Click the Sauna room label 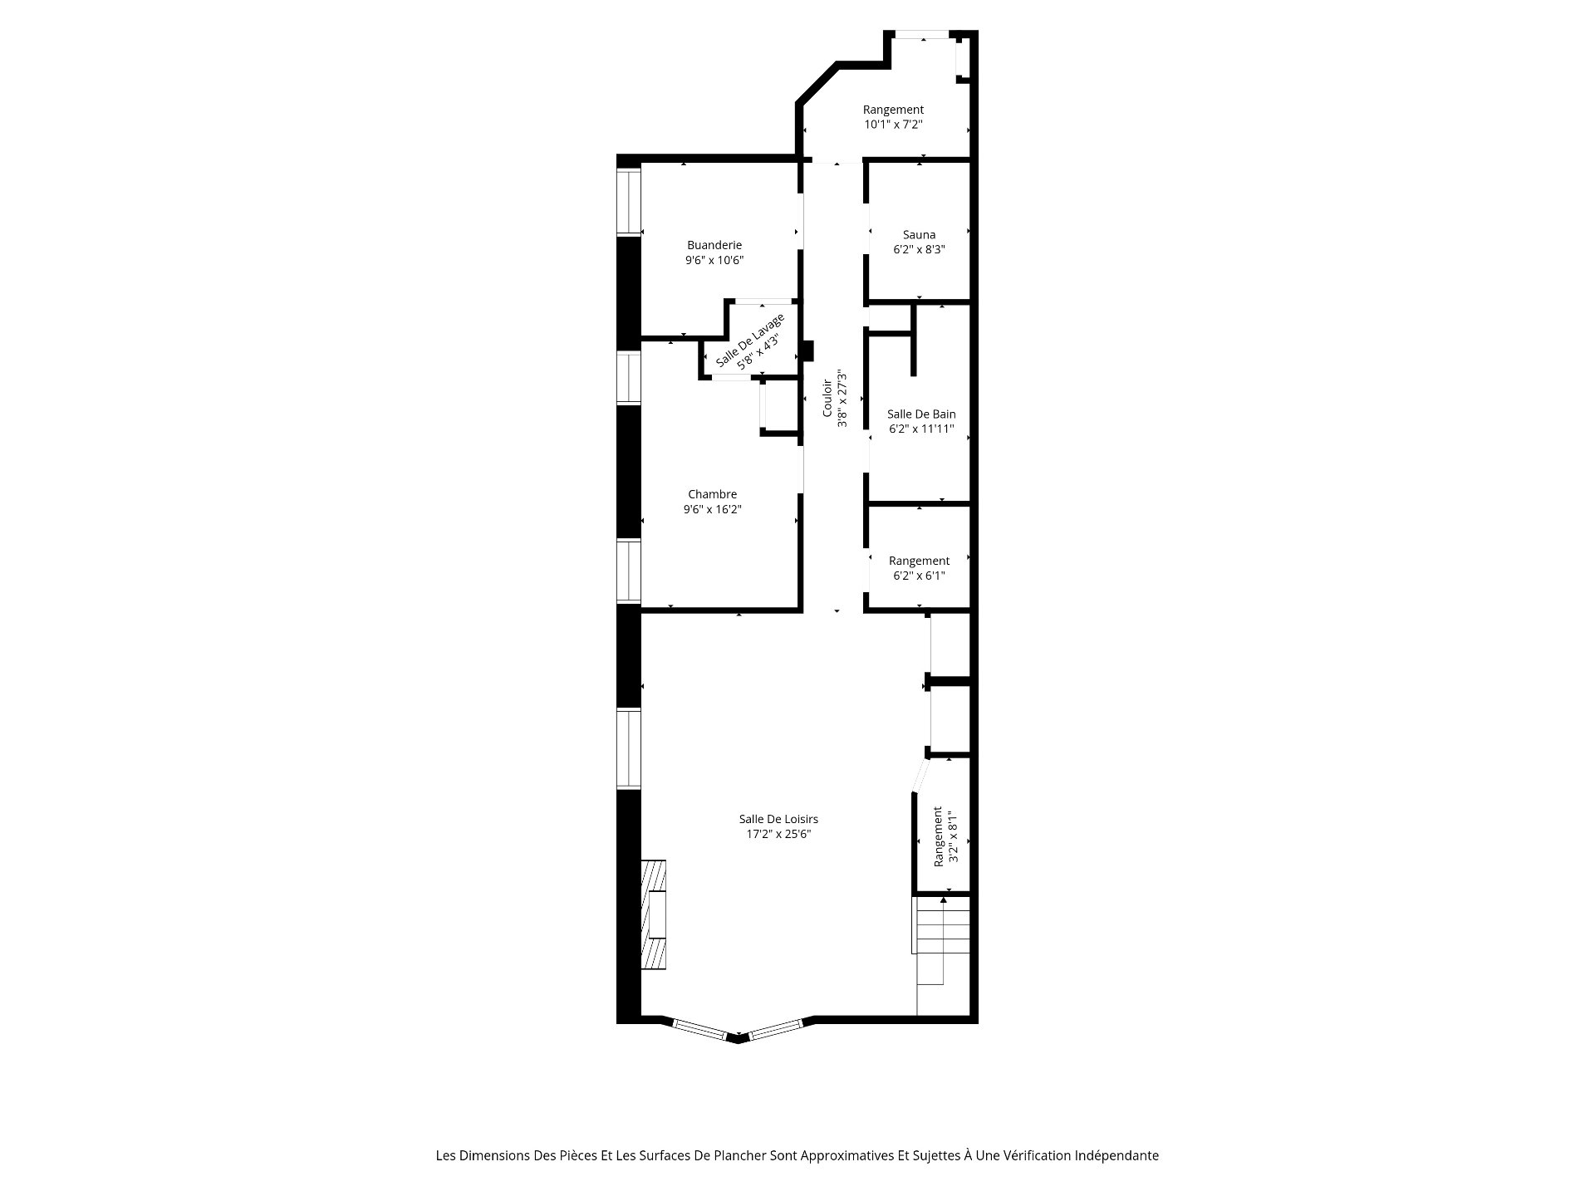(919, 235)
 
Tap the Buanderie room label (714, 245)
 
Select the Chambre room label (713, 494)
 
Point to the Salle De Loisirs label (778, 819)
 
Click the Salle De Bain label (921, 414)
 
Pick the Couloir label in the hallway (827, 399)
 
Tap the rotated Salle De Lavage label (749, 341)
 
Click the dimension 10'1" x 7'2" (894, 125)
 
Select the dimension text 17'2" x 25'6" (778, 834)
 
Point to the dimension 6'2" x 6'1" (919, 576)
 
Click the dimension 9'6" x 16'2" (713, 509)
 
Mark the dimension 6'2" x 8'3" (919, 249)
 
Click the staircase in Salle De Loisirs (943, 955)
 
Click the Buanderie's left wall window (629, 203)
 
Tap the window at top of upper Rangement (921, 34)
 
